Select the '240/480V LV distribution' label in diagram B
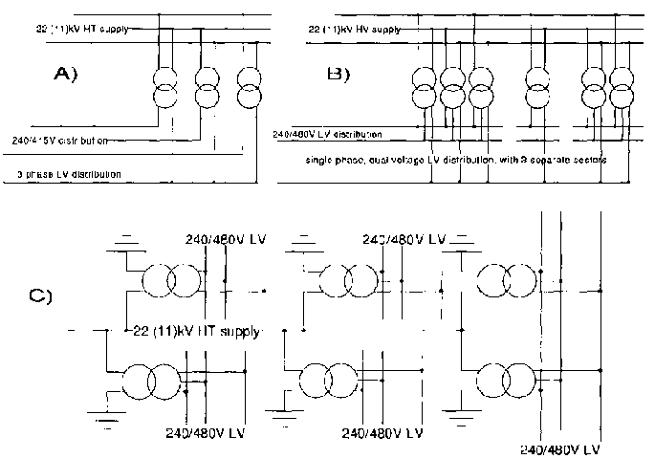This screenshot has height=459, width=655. pyautogui.click(x=327, y=134)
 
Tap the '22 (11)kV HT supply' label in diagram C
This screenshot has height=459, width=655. pyautogui.click(x=198, y=331)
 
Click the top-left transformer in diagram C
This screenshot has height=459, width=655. pyautogui.click(x=171, y=281)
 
